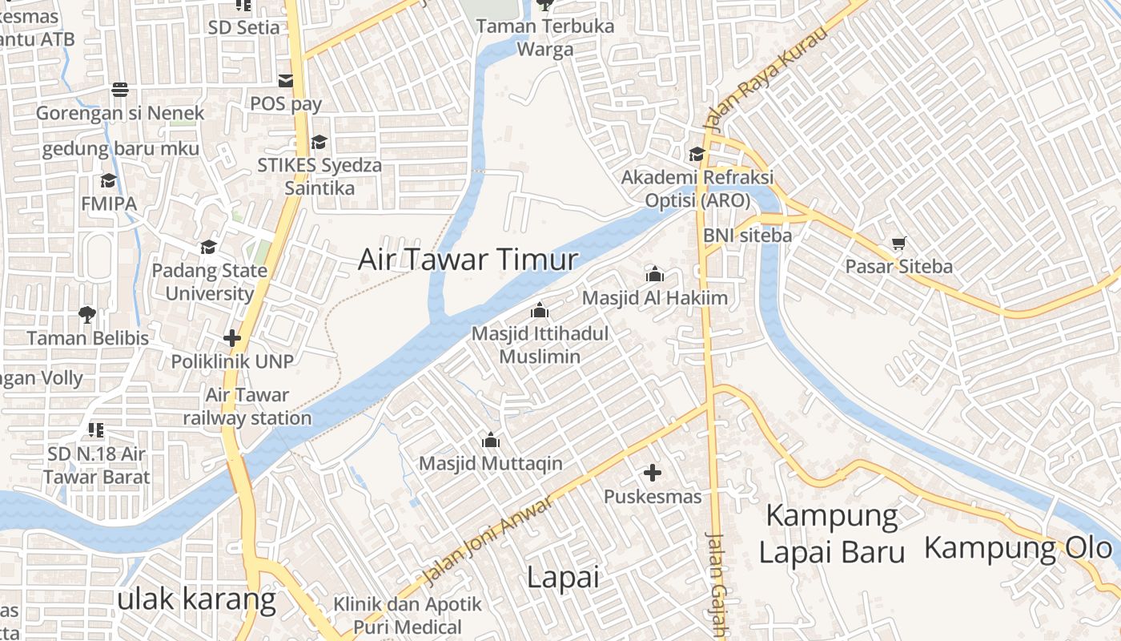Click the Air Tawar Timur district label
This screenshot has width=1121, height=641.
pyautogui.click(x=468, y=260)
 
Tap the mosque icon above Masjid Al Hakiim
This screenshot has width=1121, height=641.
pyautogui.click(x=654, y=275)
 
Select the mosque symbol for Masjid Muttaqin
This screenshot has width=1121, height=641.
pyautogui.click(x=491, y=440)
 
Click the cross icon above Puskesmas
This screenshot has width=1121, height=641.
pyautogui.click(x=653, y=473)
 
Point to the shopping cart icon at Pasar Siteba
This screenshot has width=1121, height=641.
pyautogui.click(x=899, y=243)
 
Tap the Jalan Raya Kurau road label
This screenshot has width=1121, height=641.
pyautogui.click(x=764, y=81)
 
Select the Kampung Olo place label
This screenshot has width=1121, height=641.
pyautogui.click(x=1019, y=548)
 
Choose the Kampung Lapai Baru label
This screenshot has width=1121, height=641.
pyautogui.click(x=832, y=534)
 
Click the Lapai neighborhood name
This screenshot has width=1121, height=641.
pyautogui.click(x=563, y=578)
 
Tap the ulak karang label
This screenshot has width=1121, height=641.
pyautogui.click(x=196, y=599)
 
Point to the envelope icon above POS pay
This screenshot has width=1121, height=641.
pyautogui.click(x=286, y=80)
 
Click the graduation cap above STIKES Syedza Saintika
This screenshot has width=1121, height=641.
pyautogui.click(x=319, y=142)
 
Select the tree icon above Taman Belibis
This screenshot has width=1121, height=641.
pyautogui.click(x=87, y=314)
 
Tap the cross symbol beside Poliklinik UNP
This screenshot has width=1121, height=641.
pyautogui.click(x=232, y=338)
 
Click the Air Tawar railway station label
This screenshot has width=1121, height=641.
pyautogui.click(x=247, y=406)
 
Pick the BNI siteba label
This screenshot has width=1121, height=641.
pyautogui.click(x=747, y=236)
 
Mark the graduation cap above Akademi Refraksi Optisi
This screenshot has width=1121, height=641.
pyautogui.click(x=697, y=154)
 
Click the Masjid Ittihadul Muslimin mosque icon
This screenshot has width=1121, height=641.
pyautogui.click(x=540, y=310)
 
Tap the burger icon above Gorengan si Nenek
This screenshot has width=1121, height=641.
pyautogui.click(x=120, y=90)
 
